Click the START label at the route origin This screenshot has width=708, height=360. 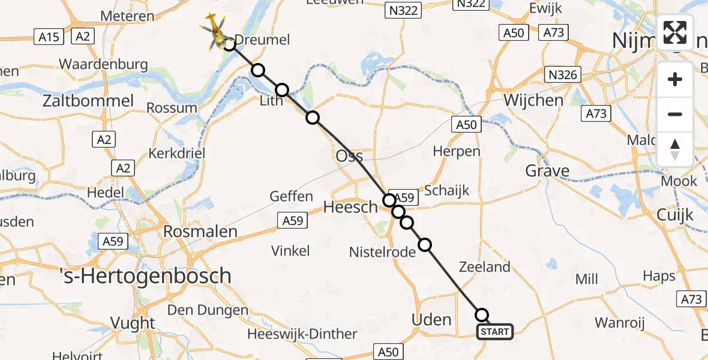pos(495,332)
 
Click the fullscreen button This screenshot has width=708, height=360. pos(675,32)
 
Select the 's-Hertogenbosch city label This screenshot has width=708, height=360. pos(146,275)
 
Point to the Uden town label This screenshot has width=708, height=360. pos(431,319)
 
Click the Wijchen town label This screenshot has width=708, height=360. pos(533,100)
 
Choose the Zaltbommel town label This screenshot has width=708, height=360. pos(88,100)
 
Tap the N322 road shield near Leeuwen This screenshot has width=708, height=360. pos(403,10)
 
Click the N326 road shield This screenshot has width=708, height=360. pos(563,74)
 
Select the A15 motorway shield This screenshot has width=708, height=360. pos(49,37)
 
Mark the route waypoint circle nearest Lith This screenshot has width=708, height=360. pos(282,91)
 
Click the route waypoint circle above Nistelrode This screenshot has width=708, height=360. pos(425,245)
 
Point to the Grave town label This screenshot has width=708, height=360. pos(547,171)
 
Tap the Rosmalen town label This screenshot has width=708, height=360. pos(200,231)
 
